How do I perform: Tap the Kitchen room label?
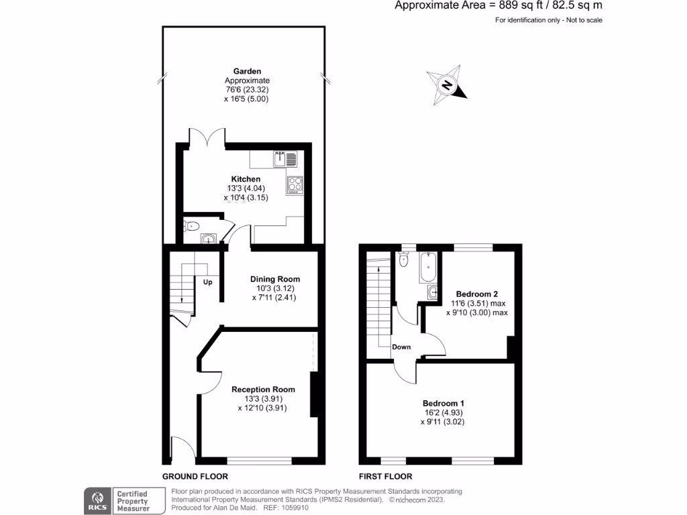[x=246, y=179]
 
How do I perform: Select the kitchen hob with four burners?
[x=295, y=184]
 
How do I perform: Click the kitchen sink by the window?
[x=285, y=159]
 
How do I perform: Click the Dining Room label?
[x=275, y=279]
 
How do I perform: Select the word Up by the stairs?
[x=208, y=282]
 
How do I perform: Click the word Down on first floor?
[x=402, y=347]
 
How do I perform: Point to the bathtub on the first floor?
[x=429, y=267]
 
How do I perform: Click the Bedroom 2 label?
[x=477, y=294]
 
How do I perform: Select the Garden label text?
[x=247, y=71]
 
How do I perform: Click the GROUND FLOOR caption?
[x=195, y=477]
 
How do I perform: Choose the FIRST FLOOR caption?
[x=385, y=477]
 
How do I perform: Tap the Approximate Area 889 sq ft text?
[x=499, y=6]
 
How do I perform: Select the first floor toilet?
[x=404, y=259]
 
